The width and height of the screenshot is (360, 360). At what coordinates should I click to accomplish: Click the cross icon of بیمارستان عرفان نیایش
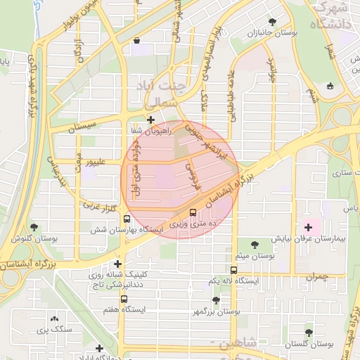308,227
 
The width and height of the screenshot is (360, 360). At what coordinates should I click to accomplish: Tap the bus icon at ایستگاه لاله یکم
234,269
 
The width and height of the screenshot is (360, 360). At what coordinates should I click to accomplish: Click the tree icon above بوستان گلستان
309,332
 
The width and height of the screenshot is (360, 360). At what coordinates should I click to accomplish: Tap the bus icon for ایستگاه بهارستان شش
126,219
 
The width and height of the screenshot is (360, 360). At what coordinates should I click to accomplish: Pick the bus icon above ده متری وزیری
193,213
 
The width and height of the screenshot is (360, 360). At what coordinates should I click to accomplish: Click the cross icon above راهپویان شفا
150,120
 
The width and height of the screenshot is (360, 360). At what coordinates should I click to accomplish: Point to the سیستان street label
87,128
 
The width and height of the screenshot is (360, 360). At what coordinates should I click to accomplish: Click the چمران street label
316,276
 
